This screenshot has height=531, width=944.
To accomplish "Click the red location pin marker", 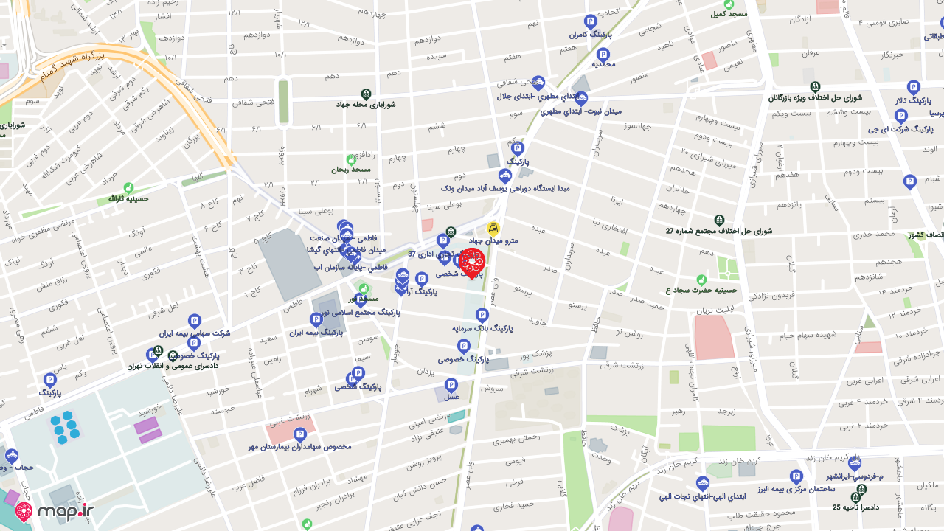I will (471, 263).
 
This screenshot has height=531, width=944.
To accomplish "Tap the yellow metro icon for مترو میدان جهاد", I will (493, 229).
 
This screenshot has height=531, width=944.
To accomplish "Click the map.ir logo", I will (55, 511).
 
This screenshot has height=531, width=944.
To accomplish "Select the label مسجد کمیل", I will (729, 14).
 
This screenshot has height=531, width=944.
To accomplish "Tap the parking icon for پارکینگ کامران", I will (590, 21).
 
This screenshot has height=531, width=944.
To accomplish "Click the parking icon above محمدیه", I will (603, 54).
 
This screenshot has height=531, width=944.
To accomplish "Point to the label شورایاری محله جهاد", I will (366, 105).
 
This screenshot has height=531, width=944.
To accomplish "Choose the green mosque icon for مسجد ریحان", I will (351, 159).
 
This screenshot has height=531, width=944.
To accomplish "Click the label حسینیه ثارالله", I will (128, 199).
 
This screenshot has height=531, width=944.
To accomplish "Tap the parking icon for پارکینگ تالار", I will (913, 87).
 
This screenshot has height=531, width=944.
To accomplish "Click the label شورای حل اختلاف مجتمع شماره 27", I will (718, 231).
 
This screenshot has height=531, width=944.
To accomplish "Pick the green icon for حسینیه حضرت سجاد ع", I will (701, 280).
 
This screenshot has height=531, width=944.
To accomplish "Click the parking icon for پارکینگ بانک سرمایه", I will (482, 315).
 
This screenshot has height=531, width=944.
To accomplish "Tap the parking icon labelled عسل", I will (451, 385).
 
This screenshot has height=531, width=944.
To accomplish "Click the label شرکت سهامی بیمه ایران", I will (194, 333).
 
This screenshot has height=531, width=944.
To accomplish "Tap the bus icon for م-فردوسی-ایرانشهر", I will (854, 464).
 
